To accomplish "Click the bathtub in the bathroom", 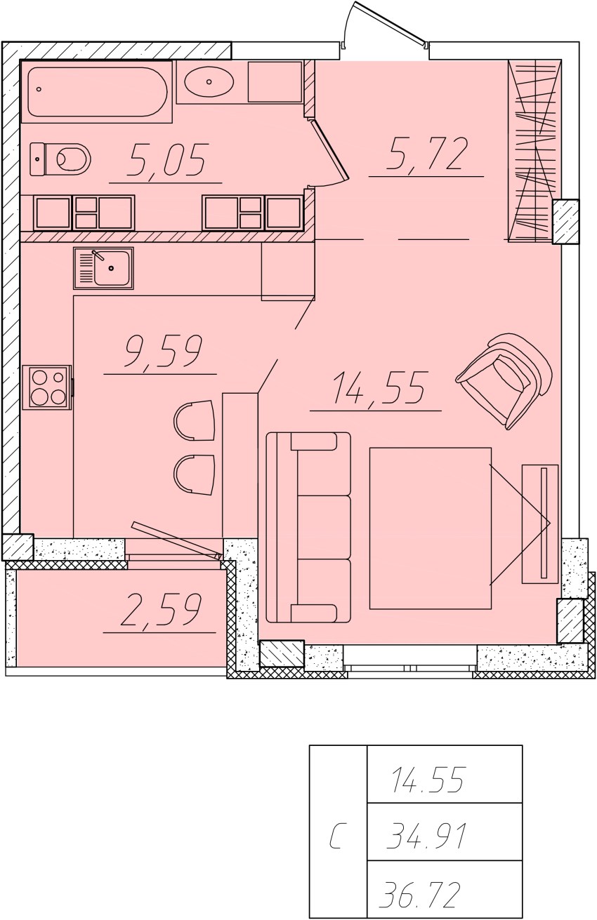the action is click(x=97, y=92).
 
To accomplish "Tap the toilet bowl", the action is click(x=61, y=159).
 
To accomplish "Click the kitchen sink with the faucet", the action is click(x=104, y=268).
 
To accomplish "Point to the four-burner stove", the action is click(x=47, y=387).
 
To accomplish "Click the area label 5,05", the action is click(x=166, y=161).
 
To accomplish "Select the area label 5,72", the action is click(x=427, y=153).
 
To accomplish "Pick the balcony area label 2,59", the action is click(x=160, y=610).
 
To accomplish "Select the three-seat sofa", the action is click(x=308, y=527).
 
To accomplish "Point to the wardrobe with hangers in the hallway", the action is click(x=534, y=151).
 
